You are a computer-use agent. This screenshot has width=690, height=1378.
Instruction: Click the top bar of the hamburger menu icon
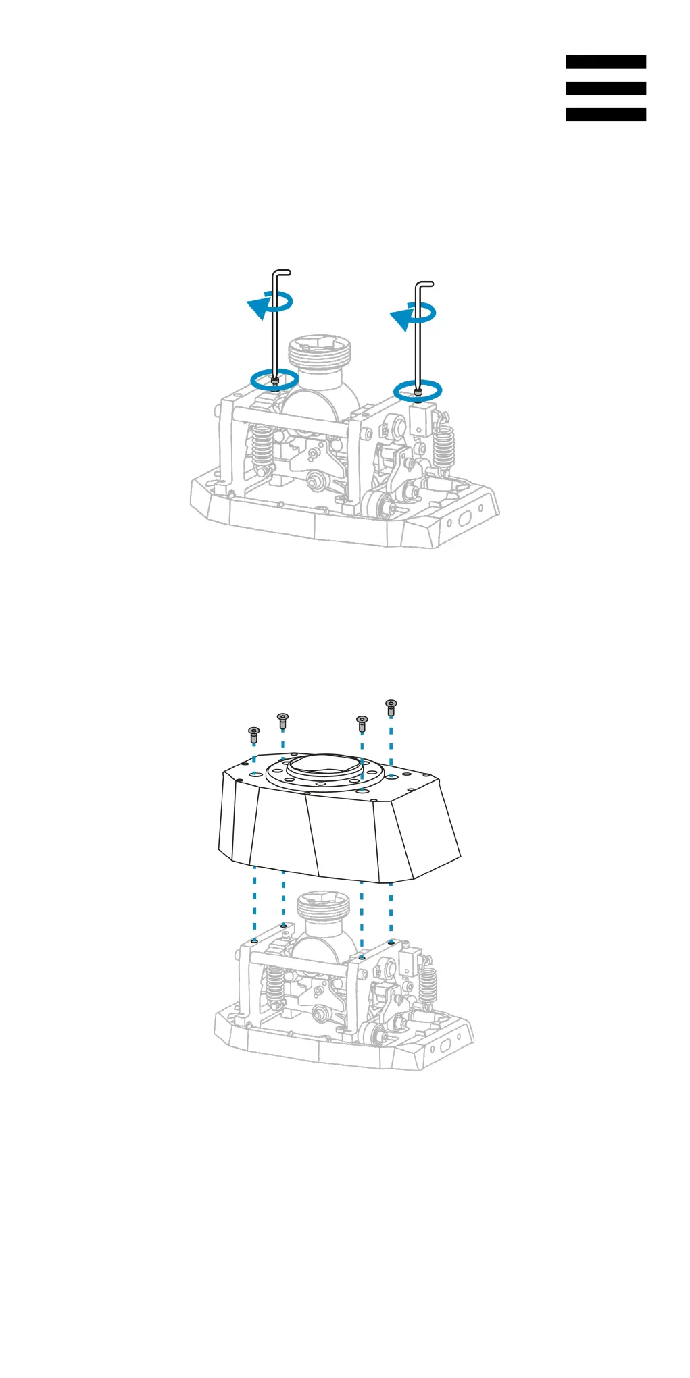pos(606,62)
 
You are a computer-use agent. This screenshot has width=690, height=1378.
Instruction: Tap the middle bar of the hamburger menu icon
pos(606,88)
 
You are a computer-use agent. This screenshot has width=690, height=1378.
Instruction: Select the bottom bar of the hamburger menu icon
pos(606,115)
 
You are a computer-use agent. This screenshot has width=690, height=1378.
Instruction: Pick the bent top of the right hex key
pos(424,284)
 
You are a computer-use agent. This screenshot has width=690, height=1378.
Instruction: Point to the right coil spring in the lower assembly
pos(427,984)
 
